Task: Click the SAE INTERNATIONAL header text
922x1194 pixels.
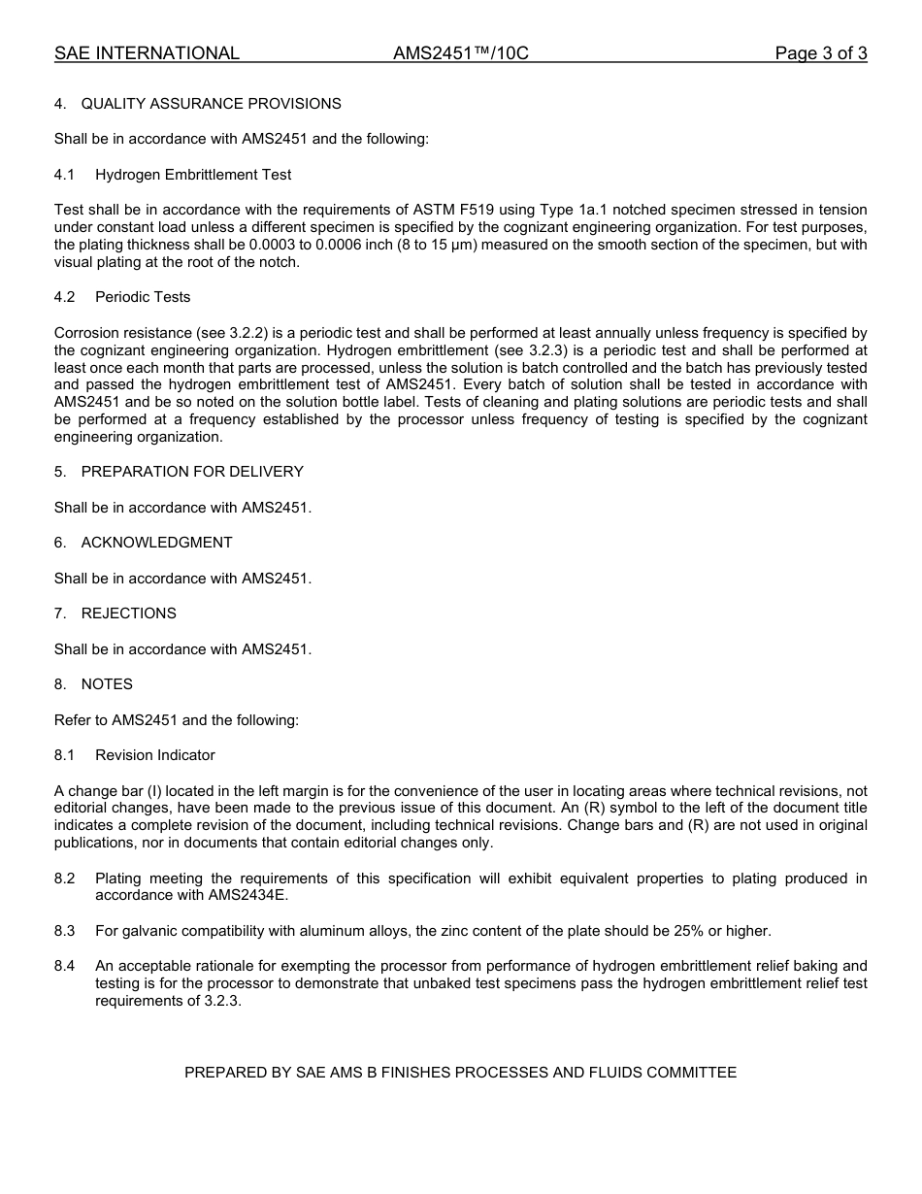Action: pos(147,53)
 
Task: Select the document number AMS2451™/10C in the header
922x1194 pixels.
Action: pos(460,53)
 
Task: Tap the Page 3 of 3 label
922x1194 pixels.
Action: pos(820,53)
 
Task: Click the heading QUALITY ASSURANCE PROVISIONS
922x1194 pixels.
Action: pos(211,104)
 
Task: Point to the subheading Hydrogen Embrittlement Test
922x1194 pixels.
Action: pos(193,175)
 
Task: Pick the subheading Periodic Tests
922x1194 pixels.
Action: pos(143,297)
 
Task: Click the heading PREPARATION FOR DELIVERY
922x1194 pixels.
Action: pos(192,472)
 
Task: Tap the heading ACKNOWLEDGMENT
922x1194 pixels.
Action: pos(156,543)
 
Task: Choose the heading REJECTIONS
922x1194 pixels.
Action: pos(128,614)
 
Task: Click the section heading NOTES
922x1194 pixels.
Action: pos(107,684)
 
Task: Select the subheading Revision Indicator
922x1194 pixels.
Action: pos(155,755)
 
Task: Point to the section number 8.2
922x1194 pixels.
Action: pos(64,879)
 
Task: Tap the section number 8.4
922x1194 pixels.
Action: pos(64,966)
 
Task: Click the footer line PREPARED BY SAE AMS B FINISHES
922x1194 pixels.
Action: pos(460,1073)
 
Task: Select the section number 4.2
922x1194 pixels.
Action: pos(64,297)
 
